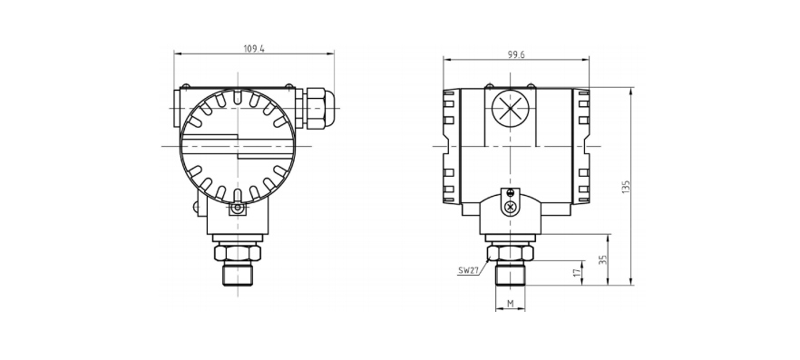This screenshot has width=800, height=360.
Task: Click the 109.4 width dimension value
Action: coord(255,48)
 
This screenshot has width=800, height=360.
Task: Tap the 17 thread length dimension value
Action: coord(576,273)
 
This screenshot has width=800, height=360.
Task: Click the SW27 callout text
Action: coord(469,269)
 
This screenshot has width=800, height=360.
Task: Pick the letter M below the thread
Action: coord(511,303)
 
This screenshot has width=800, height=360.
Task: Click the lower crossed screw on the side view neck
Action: coord(511,208)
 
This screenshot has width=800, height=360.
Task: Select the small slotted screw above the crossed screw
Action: coord(511,192)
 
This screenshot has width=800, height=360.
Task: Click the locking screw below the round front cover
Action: coord(237,209)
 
